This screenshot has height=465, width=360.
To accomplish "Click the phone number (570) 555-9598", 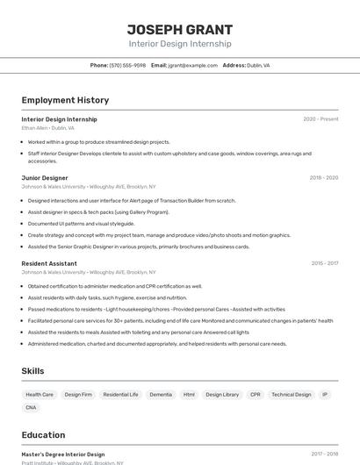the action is click(127, 65).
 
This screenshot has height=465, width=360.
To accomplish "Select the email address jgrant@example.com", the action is click(192, 65).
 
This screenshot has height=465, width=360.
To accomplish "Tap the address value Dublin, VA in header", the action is click(258, 65).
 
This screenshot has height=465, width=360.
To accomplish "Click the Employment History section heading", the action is click(65, 100).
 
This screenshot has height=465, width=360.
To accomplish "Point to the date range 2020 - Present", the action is click(320, 119).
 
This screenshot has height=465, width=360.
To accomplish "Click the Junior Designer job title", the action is click(45, 178).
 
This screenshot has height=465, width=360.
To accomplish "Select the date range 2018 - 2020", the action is click(323, 178).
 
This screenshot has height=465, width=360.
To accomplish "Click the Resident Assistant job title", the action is click(49, 263).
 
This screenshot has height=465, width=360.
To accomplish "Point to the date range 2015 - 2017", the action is click(324, 263).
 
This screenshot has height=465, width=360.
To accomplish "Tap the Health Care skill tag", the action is click(40, 395).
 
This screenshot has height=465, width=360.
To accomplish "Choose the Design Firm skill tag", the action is click(78, 395).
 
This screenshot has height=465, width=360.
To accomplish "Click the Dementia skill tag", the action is click(161, 395).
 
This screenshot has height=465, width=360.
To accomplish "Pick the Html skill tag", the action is click(189, 395).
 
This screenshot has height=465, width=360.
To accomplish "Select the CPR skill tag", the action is click(256, 395).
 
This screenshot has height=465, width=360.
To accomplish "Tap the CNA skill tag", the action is click(31, 408).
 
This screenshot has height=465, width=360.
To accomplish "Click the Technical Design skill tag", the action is click(292, 395).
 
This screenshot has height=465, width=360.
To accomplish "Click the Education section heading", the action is click(43, 435).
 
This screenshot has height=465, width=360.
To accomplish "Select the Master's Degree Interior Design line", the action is click(62, 454).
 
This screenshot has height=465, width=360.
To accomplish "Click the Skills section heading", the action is click(32, 371).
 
